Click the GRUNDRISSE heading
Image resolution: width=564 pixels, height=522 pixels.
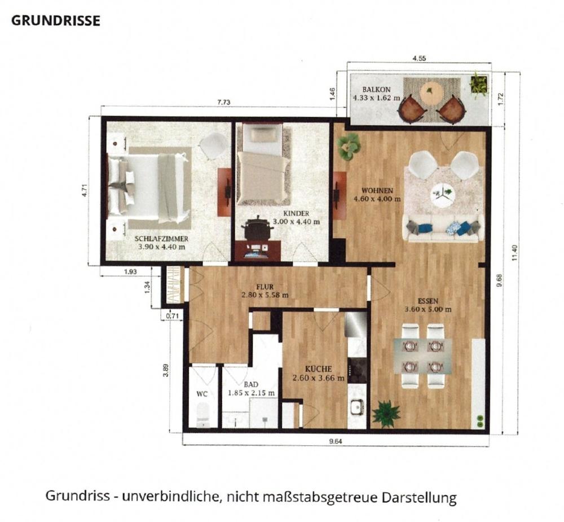pos(56,21)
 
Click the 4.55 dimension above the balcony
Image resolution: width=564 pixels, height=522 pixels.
pos(419,58)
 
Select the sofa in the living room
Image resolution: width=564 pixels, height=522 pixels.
pos(443,227)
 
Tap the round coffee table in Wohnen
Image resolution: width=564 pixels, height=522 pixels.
pos(443,195)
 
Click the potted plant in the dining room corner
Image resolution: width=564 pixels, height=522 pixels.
pos(386,413)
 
